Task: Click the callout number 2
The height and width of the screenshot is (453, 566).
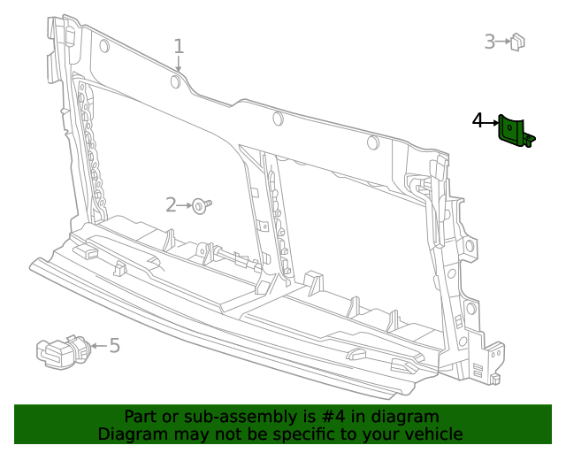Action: (x=172, y=205)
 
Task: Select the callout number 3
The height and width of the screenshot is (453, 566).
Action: (x=490, y=41)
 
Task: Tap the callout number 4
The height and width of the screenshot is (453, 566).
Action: (x=478, y=120)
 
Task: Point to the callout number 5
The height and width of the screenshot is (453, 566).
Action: (x=114, y=345)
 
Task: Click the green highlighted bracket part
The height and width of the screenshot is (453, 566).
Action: (x=513, y=131)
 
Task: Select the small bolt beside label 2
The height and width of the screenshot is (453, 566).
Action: (x=203, y=205)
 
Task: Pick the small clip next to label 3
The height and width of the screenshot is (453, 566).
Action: (x=517, y=41)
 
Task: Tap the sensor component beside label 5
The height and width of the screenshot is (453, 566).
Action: (x=60, y=350)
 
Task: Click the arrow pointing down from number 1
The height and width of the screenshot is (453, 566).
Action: (x=178, y=65)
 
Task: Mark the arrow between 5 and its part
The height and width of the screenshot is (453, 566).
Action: (x=97, y=346)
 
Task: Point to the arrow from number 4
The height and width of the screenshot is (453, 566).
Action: (x=493, y=121)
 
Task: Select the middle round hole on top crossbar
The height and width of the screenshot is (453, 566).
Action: (x=278, y=118)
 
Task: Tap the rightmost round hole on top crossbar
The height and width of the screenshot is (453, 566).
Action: (x=373, y=142)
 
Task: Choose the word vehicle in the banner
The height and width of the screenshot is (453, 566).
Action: (x=431, y=434)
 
